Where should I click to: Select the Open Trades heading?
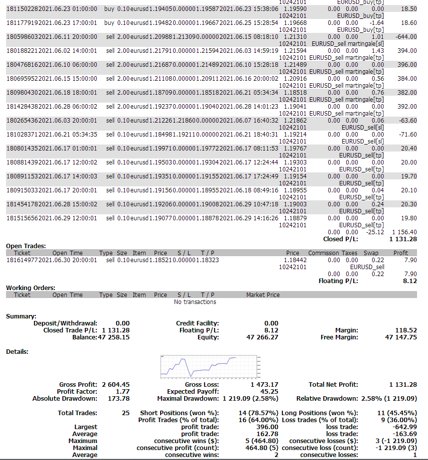coord(25,246)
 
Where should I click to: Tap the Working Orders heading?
coord(30,288)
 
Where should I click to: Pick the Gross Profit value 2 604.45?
coord(115,384)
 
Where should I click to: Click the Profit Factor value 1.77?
coord(122,391)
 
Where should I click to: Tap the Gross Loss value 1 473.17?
coord(264,384)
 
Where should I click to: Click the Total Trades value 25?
coord(125,413)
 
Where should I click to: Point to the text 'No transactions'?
coord(195,302)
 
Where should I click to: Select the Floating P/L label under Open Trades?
coord(338,281)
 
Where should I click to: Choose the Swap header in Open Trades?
coord(371,253)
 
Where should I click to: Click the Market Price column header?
coord(263,295)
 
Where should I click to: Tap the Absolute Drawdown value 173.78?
coord(119,398)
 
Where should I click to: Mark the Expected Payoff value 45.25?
coord(269,391)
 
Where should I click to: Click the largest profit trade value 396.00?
coord(266,427)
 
